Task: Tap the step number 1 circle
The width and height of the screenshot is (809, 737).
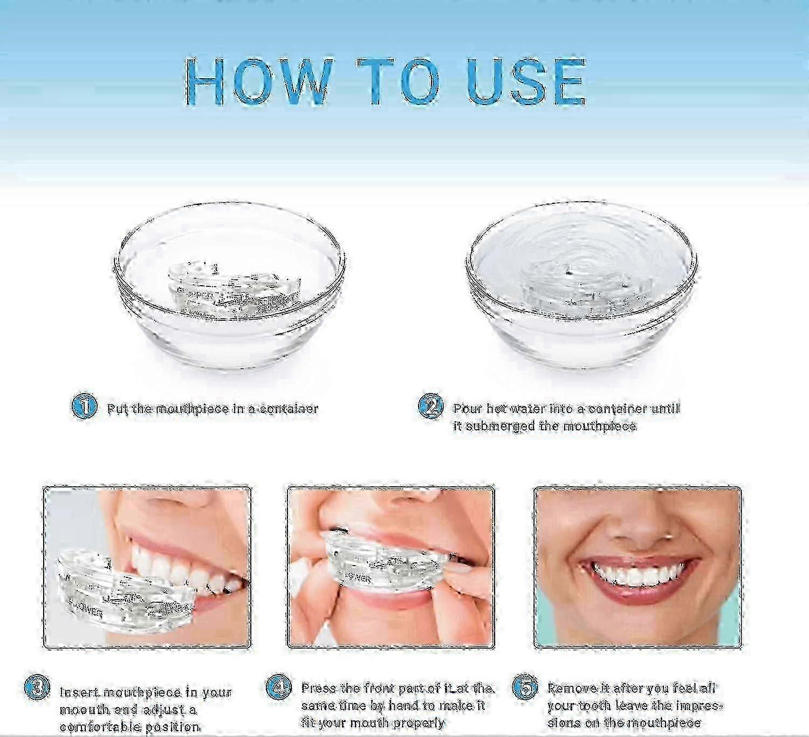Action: [84, 405]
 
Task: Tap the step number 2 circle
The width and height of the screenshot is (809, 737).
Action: [430, 405]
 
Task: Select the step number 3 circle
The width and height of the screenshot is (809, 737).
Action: [38, 688]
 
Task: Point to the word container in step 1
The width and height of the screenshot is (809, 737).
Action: [289, 409]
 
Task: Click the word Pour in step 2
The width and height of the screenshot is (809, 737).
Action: [467, 409]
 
